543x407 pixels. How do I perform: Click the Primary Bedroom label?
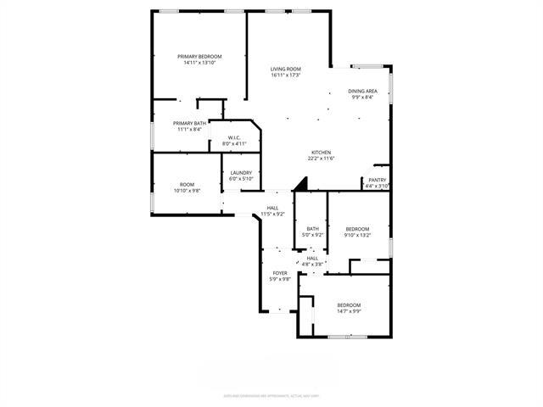pyautogui.click(x=199, y=57)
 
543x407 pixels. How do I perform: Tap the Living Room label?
pyautogui.click(x=287, y=69)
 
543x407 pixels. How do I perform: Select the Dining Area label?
pyautogui.click(x=362, y=91)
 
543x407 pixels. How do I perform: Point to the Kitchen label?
pyautogui.click(x=321, y=153)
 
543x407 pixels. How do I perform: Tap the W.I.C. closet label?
pyautogui.click(x=234, y=137)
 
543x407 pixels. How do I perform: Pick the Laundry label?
pyautogui.click(x=241, y=173)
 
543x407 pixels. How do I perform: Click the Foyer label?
pyautogui.click(x=280, y=273)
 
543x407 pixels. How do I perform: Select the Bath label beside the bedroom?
pyautogui.click(x=312, y=228)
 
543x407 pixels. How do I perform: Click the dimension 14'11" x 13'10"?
pyautogui.click(x=199, y=63)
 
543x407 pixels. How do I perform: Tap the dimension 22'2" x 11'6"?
pyautogui.click(x=321, y=159)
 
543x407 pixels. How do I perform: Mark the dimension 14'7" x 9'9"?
pyautogui.click(x=349, y=311)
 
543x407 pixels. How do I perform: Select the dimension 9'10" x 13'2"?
pyautogui.click(x=358, y=234)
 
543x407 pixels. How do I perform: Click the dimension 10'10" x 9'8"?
pyautogui.click(x=187, y=191)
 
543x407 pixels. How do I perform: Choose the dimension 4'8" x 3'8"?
pyautogui.click(x=312, y=264)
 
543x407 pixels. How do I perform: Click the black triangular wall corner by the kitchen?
pyautogui.click(x=299, y=185)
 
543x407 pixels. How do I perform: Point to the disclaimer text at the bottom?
pyautogui.click(x=271, y=395)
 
